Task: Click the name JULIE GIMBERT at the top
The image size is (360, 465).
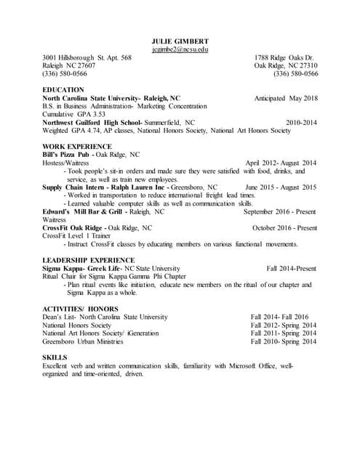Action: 180,40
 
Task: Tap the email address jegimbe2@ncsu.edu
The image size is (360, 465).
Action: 180,49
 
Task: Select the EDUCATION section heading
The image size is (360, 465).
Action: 64,89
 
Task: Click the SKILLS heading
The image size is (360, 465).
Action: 55,357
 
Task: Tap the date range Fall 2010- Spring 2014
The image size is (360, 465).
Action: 284,341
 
